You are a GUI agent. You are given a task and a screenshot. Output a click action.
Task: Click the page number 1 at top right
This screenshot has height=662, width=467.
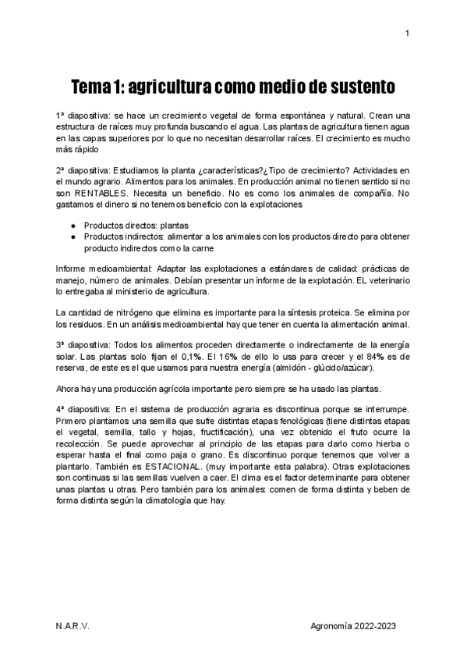coord(407,33)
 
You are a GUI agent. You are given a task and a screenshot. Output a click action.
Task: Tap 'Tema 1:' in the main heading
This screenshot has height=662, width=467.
coord(97,84)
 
